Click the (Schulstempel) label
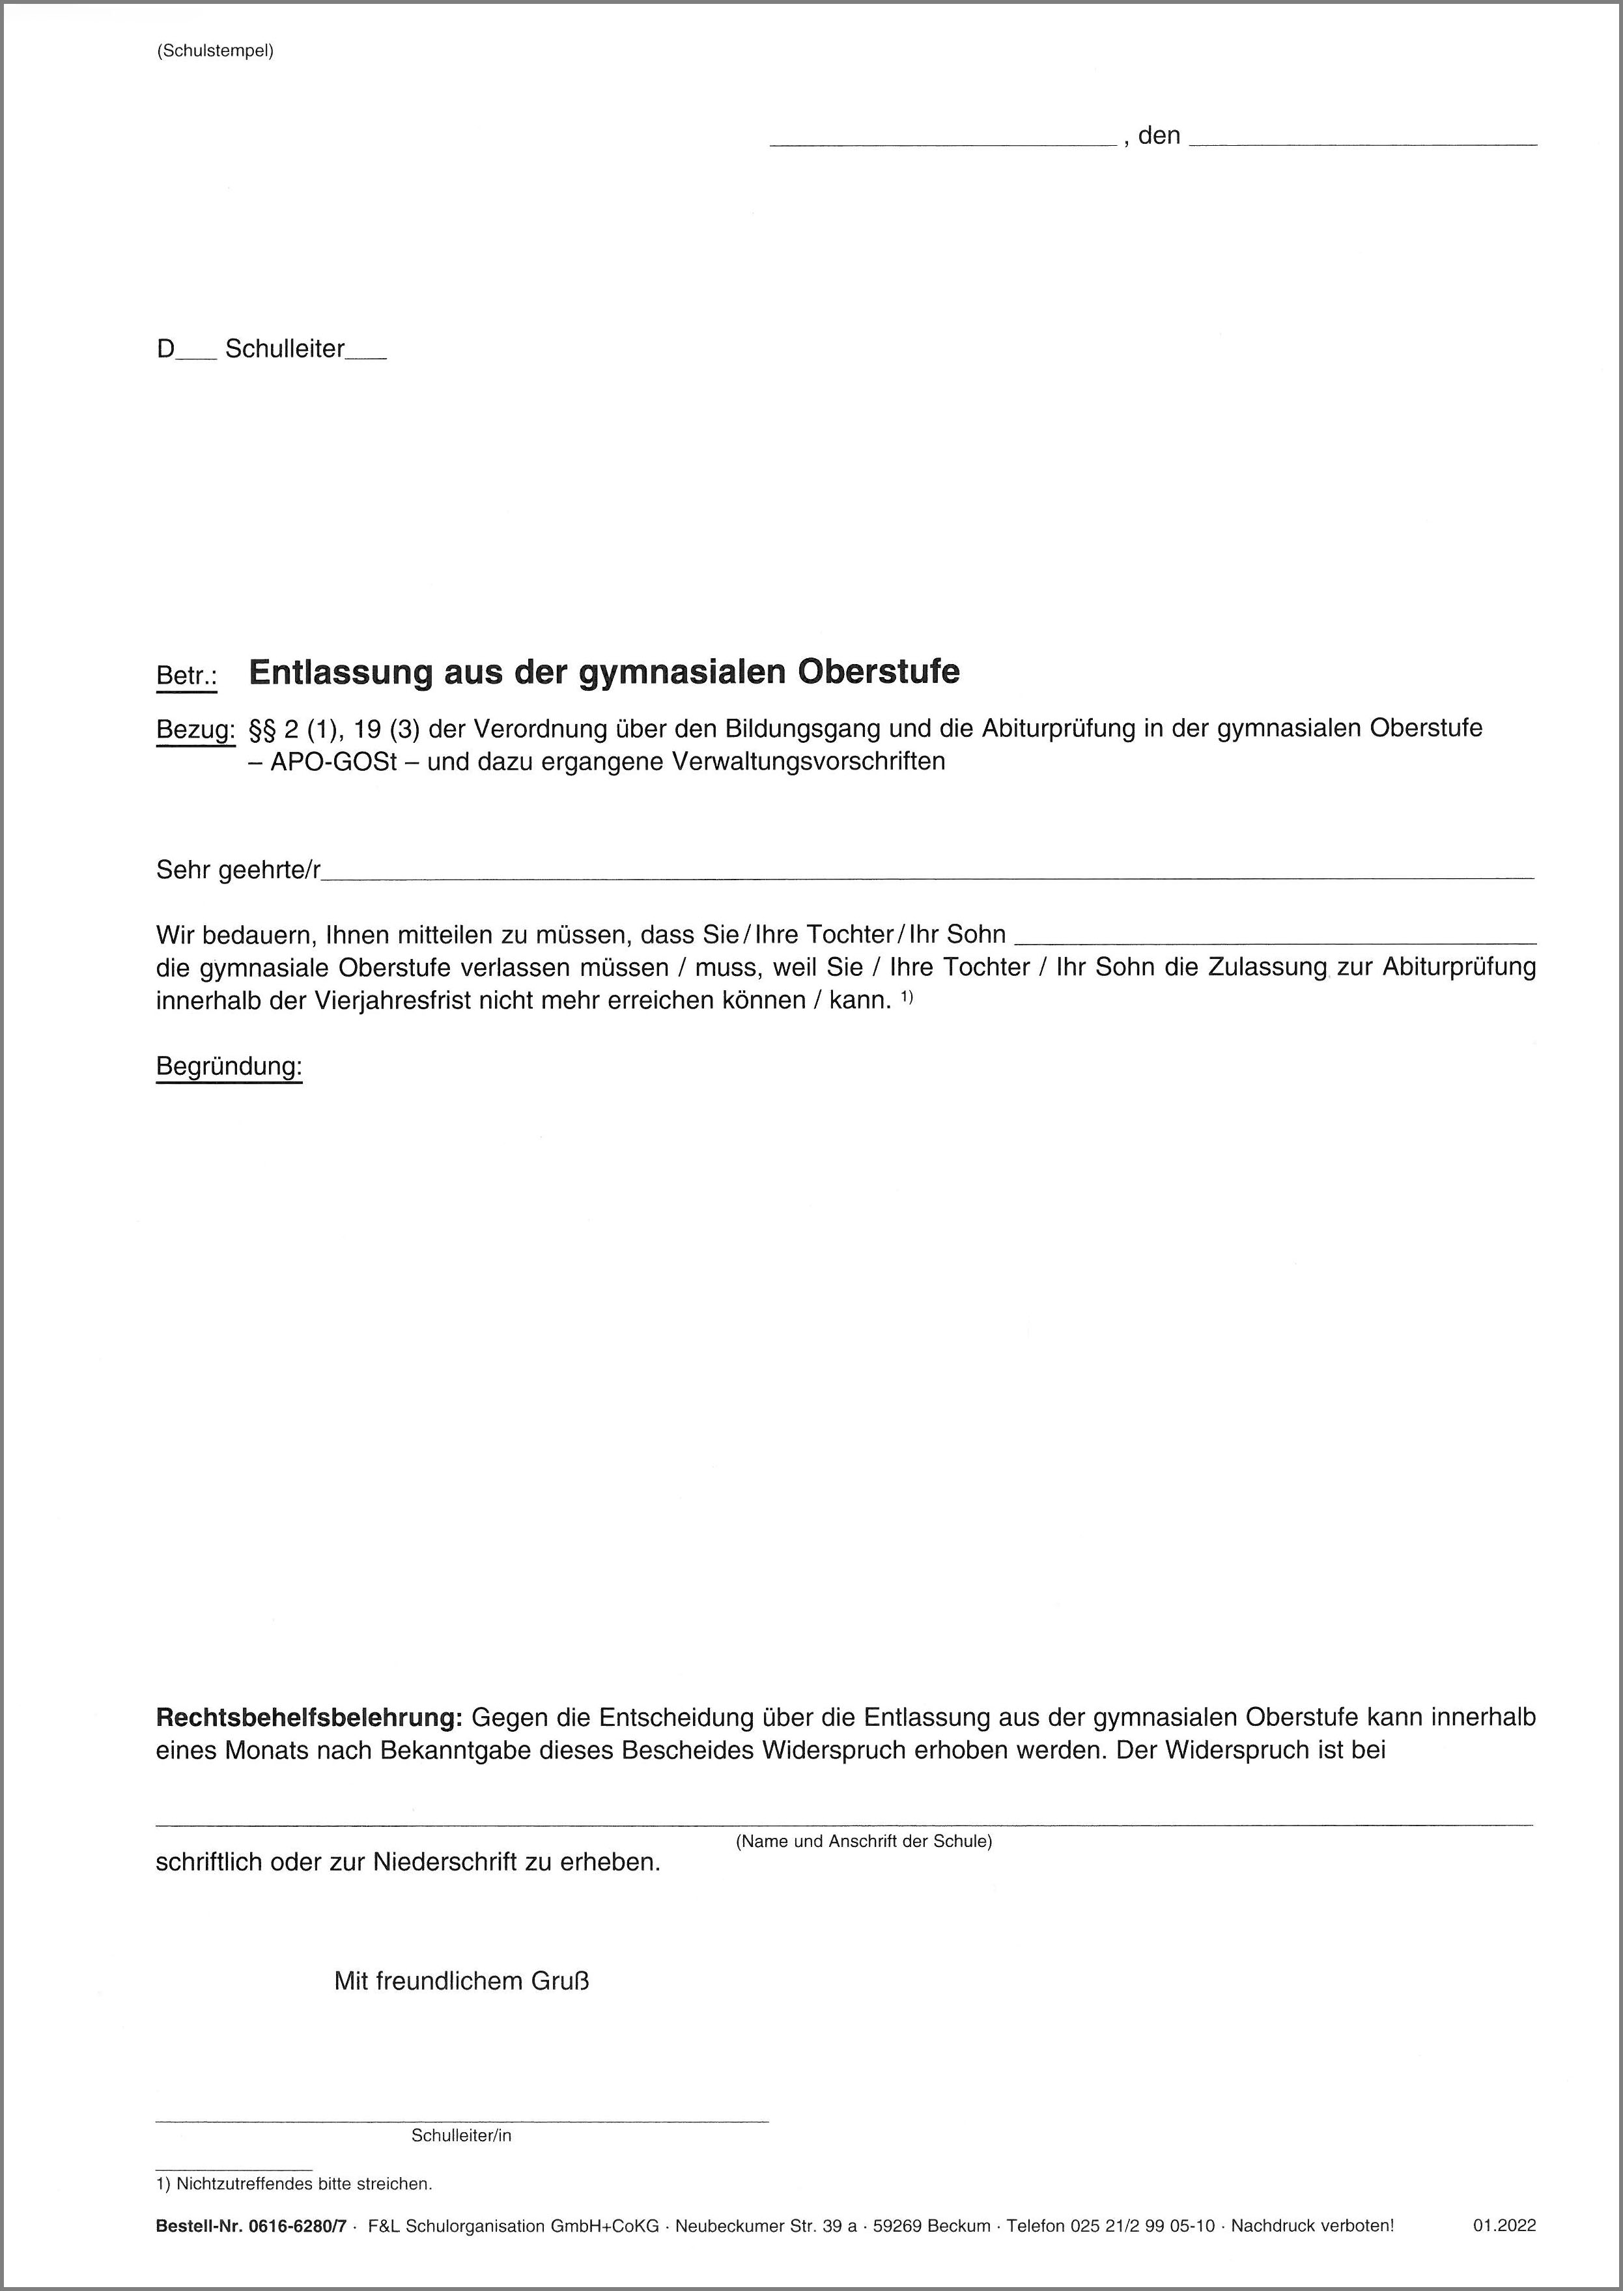pos(215,51)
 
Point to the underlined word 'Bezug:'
pos(195,729)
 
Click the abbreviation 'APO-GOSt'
pos(335,761)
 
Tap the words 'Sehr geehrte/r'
pos(238,870)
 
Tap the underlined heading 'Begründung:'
pos(229,1067)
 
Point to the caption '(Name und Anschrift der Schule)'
pos(864,1841)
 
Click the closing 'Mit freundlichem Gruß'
pos(462,1981)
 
